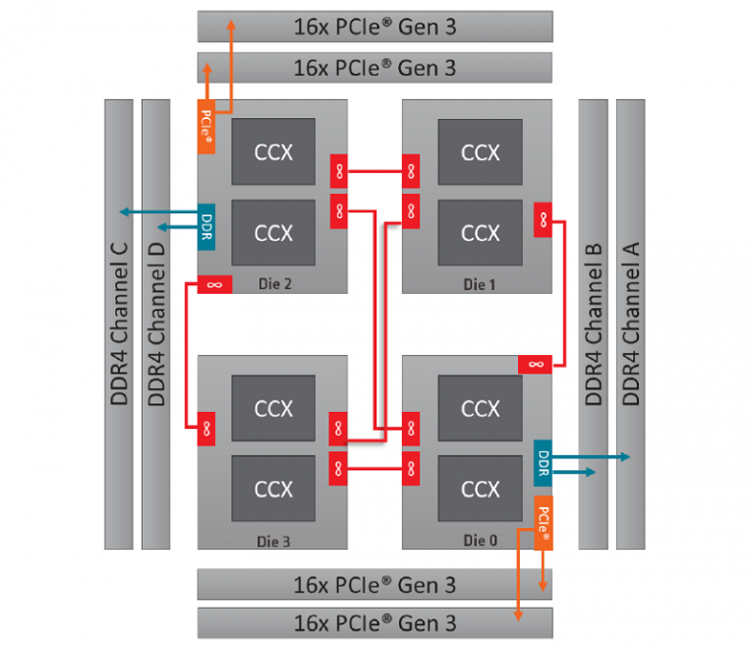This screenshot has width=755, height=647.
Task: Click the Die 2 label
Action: coord(273,283)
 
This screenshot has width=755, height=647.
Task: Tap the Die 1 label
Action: coord(480,283)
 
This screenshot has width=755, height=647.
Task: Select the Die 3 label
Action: coord(273,540)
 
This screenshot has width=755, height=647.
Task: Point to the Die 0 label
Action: coord(480,540)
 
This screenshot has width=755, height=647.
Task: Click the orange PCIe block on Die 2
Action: coord(206,127)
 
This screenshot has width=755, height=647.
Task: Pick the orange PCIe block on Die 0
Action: coord(543,523)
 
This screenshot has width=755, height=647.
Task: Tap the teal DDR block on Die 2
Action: coord(206,226)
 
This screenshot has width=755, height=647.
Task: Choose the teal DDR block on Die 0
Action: coord(543,462)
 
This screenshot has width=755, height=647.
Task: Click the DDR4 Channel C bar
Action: coord(118,323)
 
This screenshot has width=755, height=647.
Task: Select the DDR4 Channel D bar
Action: coord(155,323)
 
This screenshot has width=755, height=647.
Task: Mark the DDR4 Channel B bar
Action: coord(593,323)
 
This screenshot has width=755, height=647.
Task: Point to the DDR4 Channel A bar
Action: coord(630,323)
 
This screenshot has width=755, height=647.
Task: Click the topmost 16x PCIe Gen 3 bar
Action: coord(375,26)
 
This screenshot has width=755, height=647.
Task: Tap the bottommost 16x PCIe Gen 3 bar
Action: coord(375,622)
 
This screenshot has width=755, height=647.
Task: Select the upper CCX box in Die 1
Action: coord(480,151)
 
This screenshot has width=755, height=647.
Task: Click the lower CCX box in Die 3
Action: coord(273,489)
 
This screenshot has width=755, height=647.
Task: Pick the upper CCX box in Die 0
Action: coord(480,408)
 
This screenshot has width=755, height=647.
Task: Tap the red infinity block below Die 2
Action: coord(214,283)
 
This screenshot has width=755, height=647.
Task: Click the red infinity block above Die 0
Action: coord(535,365)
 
